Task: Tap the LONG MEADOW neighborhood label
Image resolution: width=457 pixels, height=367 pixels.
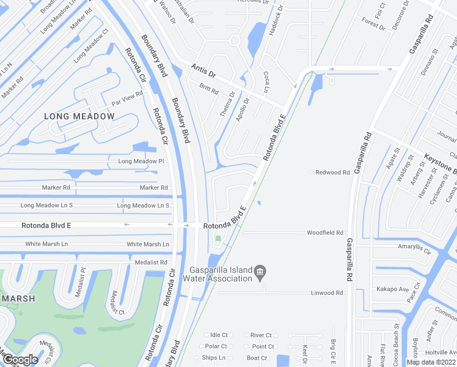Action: point(79,116)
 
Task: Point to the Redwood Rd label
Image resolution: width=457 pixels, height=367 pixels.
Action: point(332,172)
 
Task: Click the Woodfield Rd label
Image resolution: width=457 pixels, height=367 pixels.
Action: point(325,232)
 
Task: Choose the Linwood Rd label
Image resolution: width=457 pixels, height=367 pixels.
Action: point(326,292)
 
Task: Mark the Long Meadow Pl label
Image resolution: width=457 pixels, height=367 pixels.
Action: point(141,161)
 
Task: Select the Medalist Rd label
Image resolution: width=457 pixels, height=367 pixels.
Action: point(150,262)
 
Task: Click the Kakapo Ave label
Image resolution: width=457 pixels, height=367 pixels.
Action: point(392,289)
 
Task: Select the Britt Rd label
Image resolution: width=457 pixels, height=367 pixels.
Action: point(209,89)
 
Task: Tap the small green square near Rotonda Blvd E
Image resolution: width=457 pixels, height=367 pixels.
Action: point(218,239)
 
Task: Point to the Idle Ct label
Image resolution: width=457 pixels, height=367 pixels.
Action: point(218,335)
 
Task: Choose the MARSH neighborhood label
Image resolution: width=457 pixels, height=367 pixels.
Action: point(17,298)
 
